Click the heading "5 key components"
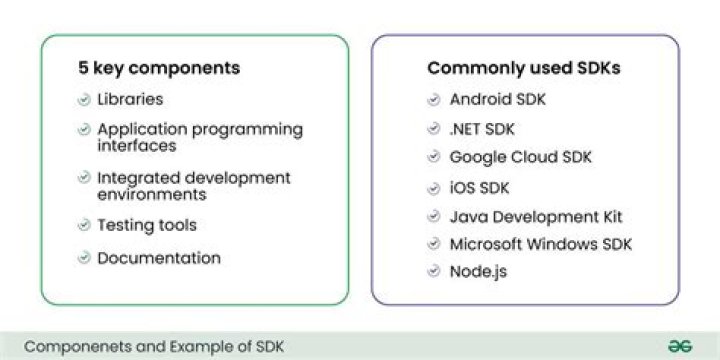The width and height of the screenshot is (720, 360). tap(159, 68)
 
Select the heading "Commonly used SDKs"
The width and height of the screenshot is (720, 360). tap(524, 68)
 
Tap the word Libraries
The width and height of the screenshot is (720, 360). tap(130, 99)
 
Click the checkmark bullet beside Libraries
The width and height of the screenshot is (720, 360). tap(84, 100)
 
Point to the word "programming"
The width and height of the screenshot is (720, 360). tap(247, 130)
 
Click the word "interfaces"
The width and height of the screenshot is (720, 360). tap(137, 146)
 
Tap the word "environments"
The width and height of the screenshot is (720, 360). tap(152, 195)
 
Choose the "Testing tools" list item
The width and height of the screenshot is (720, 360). tap(147, 225)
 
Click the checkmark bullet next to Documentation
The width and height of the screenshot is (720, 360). tap(84, 258)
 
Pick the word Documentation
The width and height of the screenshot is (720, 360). tap(159, 258)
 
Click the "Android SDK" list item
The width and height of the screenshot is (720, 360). tap(498, 99)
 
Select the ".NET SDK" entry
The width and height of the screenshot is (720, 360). tap(482, 129)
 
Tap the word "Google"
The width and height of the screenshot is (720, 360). tap(476, 158)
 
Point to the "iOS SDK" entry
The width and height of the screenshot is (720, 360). tap(479, 188)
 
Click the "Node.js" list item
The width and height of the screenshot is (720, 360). tap(478, 272)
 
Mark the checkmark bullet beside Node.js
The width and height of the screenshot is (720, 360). tap(433, 271)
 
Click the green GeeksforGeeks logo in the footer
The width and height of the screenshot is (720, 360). tap(680, 347)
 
